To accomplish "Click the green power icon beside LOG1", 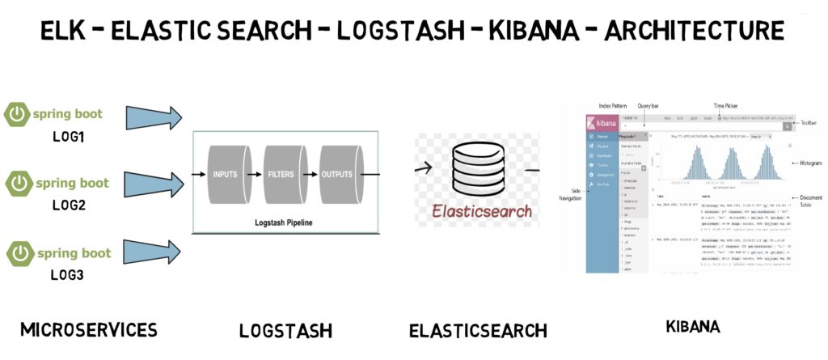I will tap(18, 114).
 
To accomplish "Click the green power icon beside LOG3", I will tap(18, 253).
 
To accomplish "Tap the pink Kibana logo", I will tap(602, 124).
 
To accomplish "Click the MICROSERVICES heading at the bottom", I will tap(88, 329).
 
